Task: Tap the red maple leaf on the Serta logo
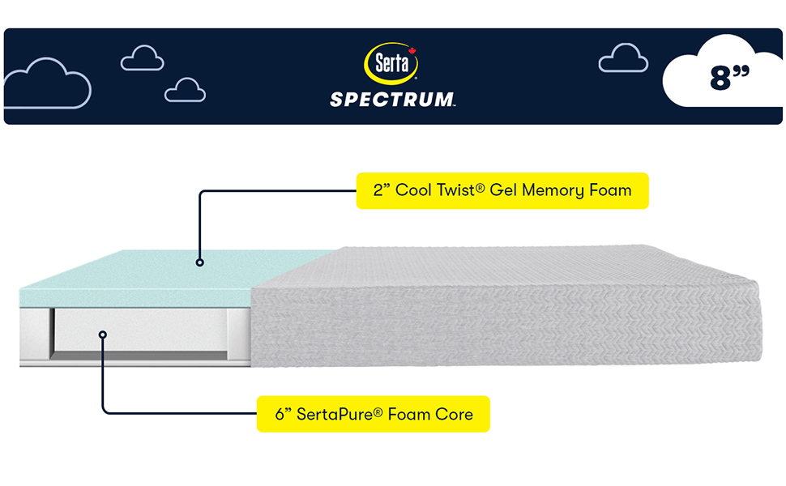pyautogui.click(x=411, y=51)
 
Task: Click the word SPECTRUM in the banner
pyautogui.click(x=392, y=100)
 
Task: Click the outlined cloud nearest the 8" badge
pyautogui.click(x=623, y=58)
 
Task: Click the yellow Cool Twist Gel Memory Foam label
pyautogui.click(x=502, y=191)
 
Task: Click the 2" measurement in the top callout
pyautogui.click(x=382, y=191)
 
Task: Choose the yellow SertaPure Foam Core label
pyautogui.click(x=374, y=414)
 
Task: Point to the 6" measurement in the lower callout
pyautogui.click(x=284, y=414)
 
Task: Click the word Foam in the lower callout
pyautogui.click(x=408, y=414)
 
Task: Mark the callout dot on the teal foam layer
pyautogui.click(x=199, y=262)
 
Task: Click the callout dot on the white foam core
pyautogui.click(x=103, y=333)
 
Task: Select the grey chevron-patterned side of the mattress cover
pyautogui.click(x=502, y=324)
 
